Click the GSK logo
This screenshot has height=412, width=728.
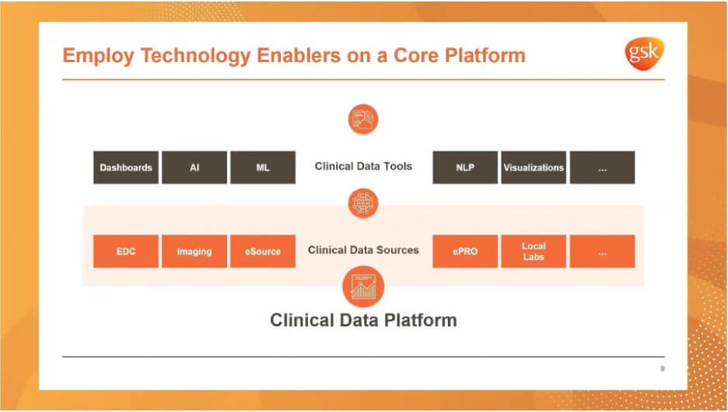(x=645, y=54)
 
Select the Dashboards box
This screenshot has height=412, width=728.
(x=126, y=167)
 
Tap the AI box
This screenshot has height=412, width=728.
(x=194, y=167)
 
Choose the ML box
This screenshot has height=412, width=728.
(x=263, y=167)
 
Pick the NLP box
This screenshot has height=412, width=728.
(x=465, y=167)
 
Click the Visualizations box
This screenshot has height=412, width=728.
(x=534, y=167)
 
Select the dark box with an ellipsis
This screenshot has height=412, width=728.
(x=602, y=167)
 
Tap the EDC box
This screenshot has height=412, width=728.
(x=126, y=251)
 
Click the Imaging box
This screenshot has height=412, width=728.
(x=194, y=251)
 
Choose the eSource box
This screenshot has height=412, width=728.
(x=263, y=251)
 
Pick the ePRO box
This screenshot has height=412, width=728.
(x=465, y=251)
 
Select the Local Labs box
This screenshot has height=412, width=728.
(x=534, y=251)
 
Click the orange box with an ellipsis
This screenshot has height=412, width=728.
(x=602, y=251)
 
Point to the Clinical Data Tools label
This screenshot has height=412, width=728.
(x=363, y=166)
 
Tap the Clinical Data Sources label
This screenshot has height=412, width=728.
(x=363, y=250)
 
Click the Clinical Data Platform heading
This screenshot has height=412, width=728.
(x=363, y=320)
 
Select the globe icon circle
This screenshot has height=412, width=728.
(x=363, y=203)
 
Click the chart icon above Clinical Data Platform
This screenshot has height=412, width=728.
(x=363, y=286)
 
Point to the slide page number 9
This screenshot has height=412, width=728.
(x=663, y=368)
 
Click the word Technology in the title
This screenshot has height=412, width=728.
(x=195, y=56)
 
